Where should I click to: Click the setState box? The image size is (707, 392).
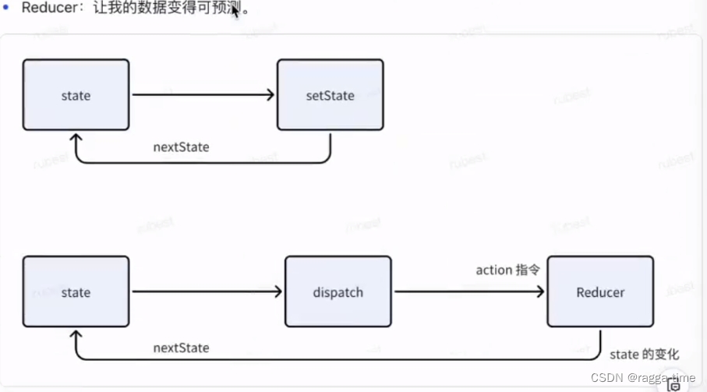pos(330,95)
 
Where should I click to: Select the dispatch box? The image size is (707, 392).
pos(338,293)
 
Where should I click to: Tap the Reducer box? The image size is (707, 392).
pos(600,293)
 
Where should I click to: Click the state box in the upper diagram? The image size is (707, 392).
pos(76,95)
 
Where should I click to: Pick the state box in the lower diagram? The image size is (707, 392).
pos(76,293)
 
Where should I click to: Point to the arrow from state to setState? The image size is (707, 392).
pos(203,95)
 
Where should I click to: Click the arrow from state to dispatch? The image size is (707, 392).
pos(207,293)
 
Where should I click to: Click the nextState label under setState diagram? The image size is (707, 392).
pos(182,147)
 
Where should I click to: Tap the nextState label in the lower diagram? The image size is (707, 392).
pos(181,348)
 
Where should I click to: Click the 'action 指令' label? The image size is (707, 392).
pos(507,270)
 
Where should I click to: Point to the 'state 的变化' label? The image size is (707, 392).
pos(644,355)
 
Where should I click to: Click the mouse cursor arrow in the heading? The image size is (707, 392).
pos(235,12)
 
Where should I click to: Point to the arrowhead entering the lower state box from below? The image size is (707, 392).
pos(76,337)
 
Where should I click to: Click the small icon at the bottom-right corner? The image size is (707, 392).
pos(674,384)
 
